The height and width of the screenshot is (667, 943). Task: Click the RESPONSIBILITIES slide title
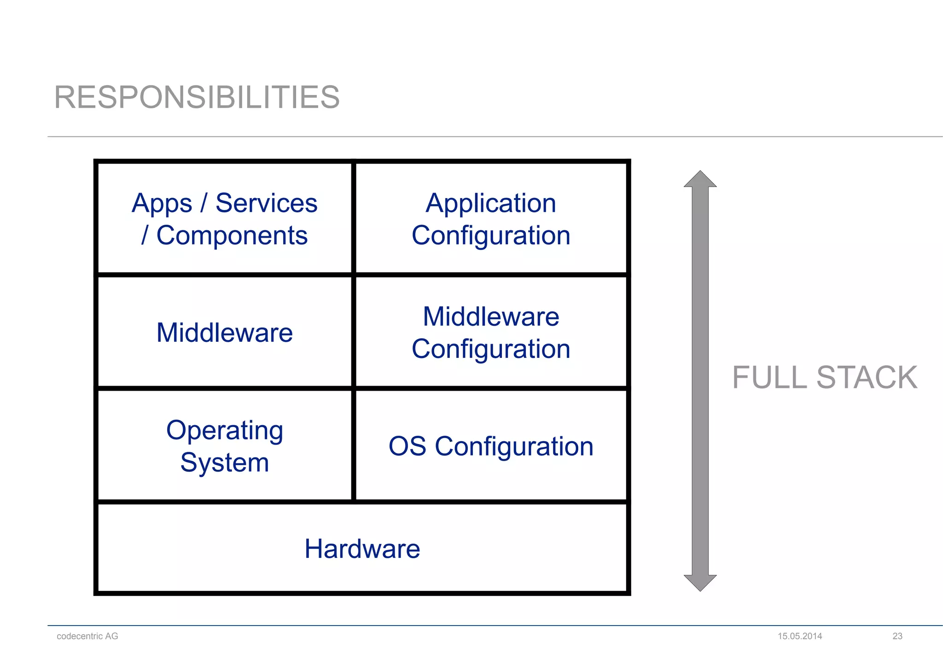(197, 98)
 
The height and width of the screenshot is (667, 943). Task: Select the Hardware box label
(362, 549)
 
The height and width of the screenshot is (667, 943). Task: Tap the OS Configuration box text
(491, 446)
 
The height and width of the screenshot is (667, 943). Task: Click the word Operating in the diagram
(225, 431)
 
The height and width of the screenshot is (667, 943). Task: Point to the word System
(225, 462)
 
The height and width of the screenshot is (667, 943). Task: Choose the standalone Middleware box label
(225, 333)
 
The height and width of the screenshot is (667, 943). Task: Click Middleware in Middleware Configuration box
(491, 317)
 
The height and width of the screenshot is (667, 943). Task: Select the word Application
(491, 203)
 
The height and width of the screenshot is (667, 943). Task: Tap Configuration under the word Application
(491, 236)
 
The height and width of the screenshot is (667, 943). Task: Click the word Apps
(162, 204)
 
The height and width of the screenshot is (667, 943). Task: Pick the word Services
(266, 203)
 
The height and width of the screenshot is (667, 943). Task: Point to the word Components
(232, 236)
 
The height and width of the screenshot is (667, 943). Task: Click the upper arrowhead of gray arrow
(700, 179)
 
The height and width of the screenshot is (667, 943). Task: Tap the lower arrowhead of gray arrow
(700, 583)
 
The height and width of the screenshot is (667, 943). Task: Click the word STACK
(867, 378)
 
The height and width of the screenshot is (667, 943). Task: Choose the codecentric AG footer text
(87, 636)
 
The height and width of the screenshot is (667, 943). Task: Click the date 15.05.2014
(800, 636)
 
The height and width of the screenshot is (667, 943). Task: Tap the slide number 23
(897, 636)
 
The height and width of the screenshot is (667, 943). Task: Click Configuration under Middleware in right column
(491, 349)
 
